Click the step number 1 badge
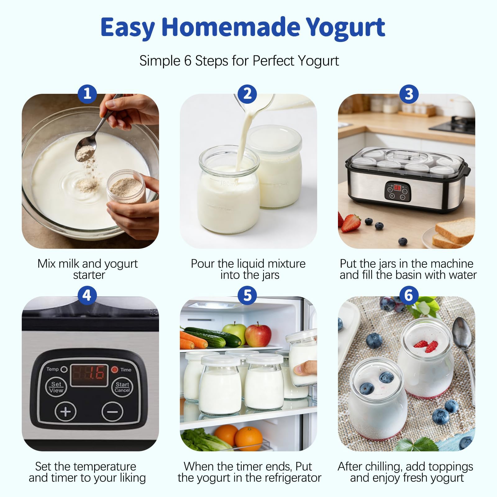(87, 93)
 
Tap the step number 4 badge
(87, 295)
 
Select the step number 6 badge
(409, 295)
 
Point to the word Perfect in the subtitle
(273, 61)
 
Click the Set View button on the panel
(56, 387)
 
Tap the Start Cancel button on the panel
(122, 387)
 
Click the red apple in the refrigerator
(258, 335)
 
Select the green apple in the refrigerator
(235, 333)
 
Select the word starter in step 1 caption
(89, 275)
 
